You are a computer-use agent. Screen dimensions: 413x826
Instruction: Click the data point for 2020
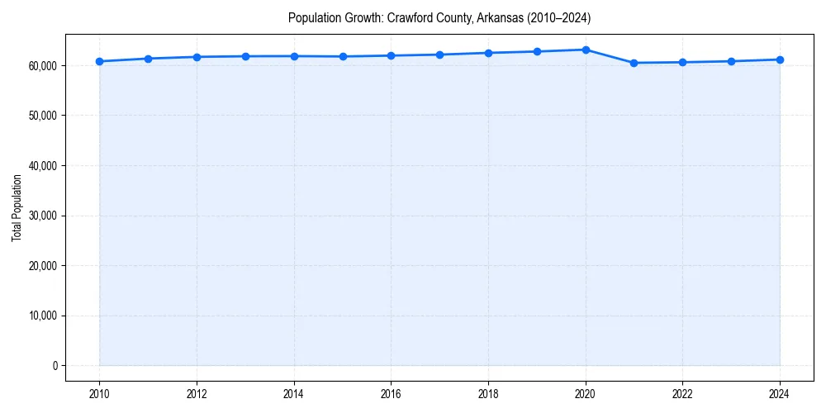[x=586, y=50]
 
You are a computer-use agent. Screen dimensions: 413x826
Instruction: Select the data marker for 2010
[x=99, y=61]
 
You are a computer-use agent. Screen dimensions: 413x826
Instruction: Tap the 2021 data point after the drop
[x=634, y=63]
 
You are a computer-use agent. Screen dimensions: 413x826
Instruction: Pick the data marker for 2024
[x=780, y=59]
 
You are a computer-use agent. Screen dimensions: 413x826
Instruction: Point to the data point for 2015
[x=343, y=56]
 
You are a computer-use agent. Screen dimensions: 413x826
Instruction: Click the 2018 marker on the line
[x=488, y=53]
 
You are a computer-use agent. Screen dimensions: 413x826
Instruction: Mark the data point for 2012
[x=197, y=57]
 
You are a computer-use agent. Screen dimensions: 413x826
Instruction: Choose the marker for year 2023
[x=731, y=61]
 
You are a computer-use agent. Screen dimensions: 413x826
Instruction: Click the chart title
[x=439, y=17]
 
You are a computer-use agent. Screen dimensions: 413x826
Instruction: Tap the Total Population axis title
[x=17, y=207]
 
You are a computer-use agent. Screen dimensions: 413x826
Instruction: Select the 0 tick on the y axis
[x=54, y=366]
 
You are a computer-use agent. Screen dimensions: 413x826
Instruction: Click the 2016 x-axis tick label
[x=391, y=393]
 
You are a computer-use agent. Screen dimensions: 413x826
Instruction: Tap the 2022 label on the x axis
[x=682, y=393]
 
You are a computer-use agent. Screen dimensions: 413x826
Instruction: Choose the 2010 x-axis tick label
[x=99, y=393]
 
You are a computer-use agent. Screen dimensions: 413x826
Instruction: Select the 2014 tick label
[x=294, y=393]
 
